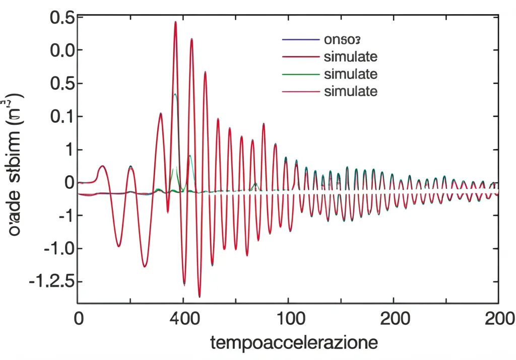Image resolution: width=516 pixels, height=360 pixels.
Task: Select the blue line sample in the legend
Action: tap(301, 39)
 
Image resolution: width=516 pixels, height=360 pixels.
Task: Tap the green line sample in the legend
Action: tap(301, 74)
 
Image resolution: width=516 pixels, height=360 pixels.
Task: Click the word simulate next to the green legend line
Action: tap(351, 74)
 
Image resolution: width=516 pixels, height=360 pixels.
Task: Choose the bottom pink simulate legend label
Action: tap(351, 91)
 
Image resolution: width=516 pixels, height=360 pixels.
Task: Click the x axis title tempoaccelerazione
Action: tap(294, 343)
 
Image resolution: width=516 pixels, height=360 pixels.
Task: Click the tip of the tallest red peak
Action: tap(175, 22)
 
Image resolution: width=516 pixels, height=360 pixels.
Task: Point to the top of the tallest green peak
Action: tap(175, 94)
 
